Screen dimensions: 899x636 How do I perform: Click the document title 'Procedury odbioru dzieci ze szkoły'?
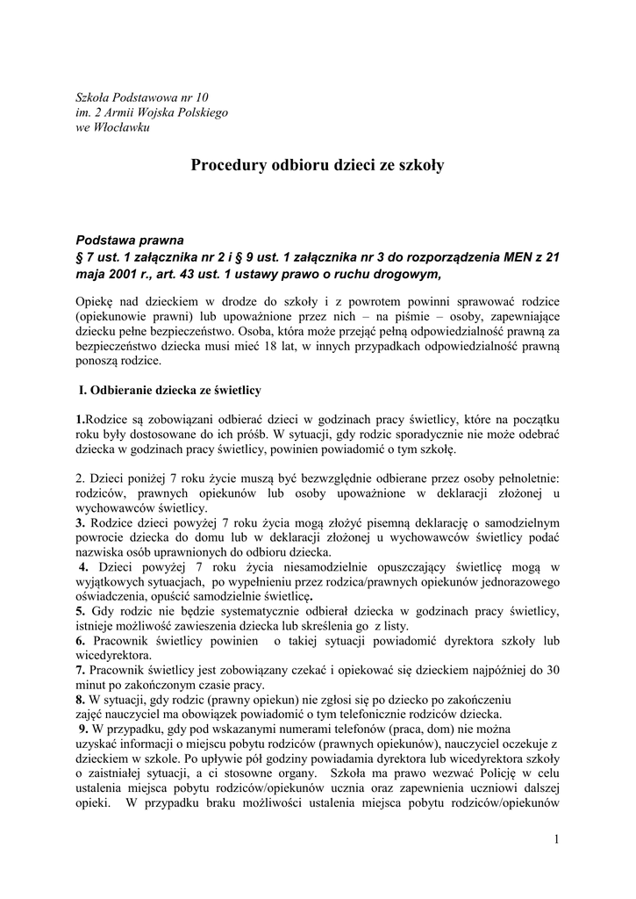coord(318,164)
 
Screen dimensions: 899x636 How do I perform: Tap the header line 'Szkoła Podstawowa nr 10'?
coord(143,97)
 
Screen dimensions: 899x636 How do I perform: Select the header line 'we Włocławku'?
coord(113,128)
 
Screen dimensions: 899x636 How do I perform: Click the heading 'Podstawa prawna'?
coord(131,239)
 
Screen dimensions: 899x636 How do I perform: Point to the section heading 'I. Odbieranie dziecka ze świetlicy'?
coord(170,389)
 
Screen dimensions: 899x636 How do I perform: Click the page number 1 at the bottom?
coord(556,839)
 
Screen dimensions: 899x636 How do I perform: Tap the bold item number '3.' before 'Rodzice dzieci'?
coord(81,524)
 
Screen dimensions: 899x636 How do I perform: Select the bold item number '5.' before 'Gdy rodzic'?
coord(81,610)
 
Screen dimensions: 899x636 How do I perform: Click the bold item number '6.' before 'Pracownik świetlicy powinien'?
coord(81,641)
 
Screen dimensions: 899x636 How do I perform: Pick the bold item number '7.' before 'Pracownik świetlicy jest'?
coord(81,671)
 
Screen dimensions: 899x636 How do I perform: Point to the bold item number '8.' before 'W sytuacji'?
coord(81,700)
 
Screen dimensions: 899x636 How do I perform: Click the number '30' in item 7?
coord(552,671)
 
